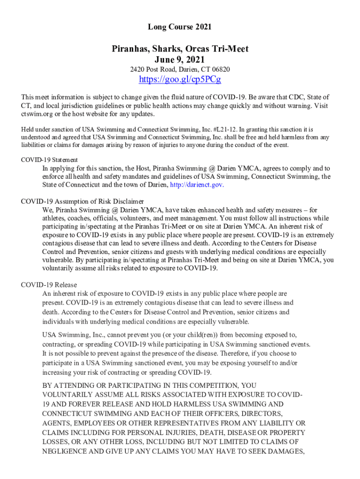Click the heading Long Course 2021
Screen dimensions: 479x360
pyautogui.click(x=180, y=27)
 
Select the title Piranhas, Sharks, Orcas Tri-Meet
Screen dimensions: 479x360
pyautogui.click(x=180, y=49)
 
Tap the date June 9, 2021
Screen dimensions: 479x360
pyautogui.click(x=180, y=59)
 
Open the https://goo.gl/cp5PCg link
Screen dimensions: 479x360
pyautogui.click(x=180, y=80)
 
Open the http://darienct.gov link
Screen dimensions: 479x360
pyautogui.click(x=197, y=184)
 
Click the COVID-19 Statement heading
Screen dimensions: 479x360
pyautogui.click(x=50, y=160)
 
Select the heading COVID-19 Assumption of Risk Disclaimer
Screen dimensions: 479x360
pyautogui.click(x=76, y=202)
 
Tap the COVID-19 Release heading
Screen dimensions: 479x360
pyautogui.click(x=49, y=285)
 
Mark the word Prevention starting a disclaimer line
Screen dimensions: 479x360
pyautogui.click(x=81, y=252)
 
